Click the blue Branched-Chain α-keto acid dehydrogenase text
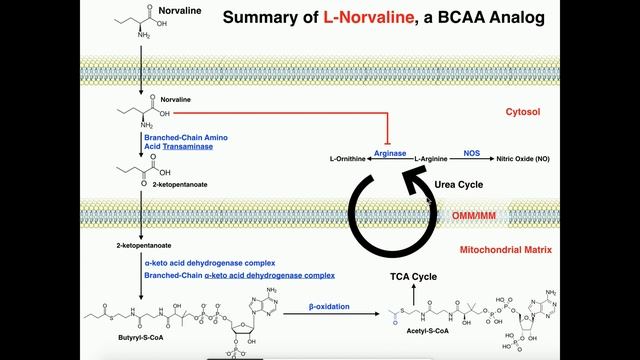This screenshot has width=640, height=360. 214,274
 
